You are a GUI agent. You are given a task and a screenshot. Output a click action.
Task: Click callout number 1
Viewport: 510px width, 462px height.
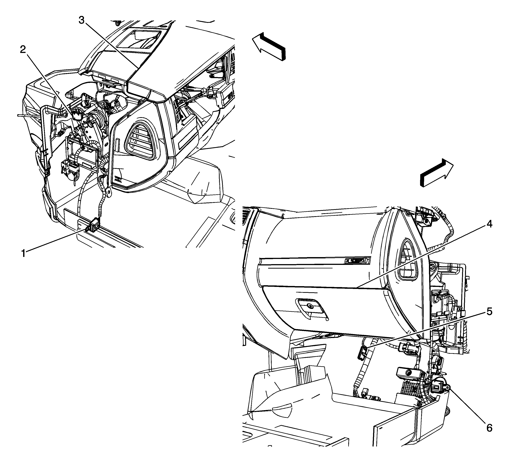click(24, 253)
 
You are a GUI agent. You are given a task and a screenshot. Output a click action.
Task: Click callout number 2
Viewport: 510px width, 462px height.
click(23, 50)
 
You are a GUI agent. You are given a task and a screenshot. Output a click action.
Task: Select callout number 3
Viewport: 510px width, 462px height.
click(81, 20)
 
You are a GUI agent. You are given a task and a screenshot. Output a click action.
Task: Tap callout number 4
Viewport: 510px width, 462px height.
click(489, 224)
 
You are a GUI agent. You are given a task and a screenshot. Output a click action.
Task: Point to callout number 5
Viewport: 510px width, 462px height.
click(489, 312)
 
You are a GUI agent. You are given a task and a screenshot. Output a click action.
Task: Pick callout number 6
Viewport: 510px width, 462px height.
click(489, 428)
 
